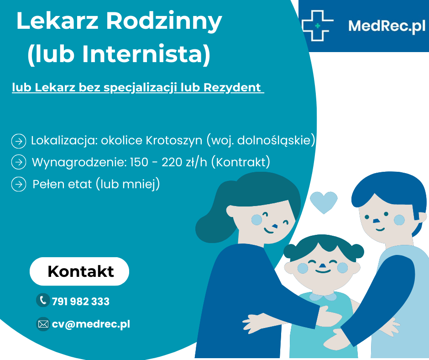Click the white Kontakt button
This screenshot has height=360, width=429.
(79, 271)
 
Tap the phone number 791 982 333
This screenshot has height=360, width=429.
(81, 302)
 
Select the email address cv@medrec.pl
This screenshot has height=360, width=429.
(91, 324)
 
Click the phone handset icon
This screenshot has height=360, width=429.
(43, 300)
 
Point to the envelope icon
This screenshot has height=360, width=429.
(43, 324)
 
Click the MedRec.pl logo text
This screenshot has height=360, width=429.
(387, 26)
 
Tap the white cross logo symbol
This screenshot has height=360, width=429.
(318, 26)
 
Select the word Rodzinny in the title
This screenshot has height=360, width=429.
(164, 21)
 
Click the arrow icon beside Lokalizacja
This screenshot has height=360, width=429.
(19, 141)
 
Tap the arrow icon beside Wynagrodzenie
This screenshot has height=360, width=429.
(19, 162)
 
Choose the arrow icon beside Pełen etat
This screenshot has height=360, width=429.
(19, 184)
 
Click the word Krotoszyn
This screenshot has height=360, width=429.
(174, 140)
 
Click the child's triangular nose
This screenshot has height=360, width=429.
(323, 265)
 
